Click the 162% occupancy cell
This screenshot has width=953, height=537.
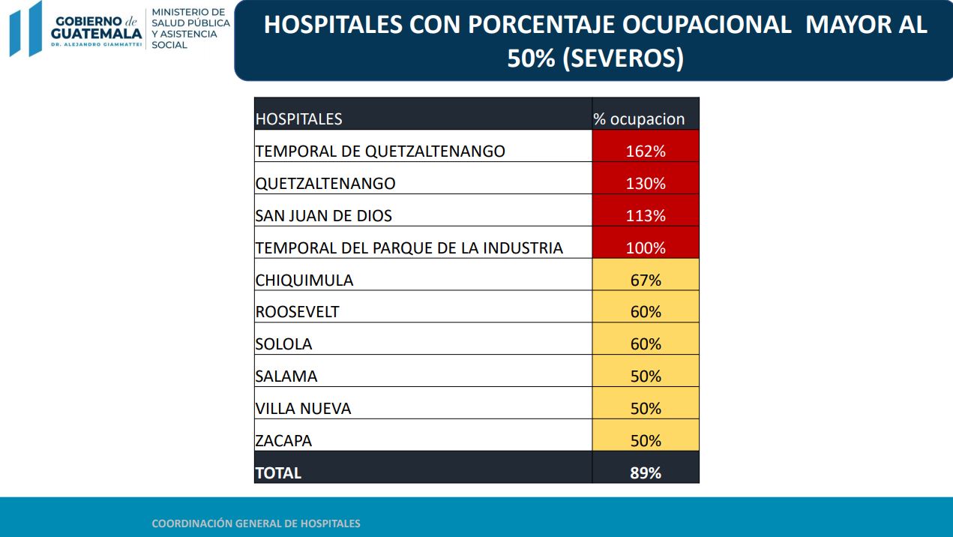pos(646,151)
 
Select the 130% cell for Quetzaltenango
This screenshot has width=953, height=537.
pos(646,183)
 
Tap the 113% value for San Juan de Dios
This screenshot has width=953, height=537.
pos(646,215)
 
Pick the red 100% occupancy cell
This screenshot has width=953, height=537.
pos(646,247)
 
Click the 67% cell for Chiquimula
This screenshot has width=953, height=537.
pos(646,280)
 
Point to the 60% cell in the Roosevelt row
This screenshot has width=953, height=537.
pos(646,311)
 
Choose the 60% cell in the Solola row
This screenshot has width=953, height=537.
pos(646,343)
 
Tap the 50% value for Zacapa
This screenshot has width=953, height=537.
pos(646,440)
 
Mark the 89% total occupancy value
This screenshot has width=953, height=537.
pos(646,472)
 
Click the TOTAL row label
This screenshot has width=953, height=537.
pos(278,473)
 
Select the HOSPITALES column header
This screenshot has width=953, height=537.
pos(298,119)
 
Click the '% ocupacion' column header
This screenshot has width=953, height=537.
pos(639,119)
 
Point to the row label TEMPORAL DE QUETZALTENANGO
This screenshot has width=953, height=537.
pos(380,151)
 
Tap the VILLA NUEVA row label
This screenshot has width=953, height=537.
pos(303,408)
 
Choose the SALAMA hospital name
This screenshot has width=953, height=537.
pos(286,376)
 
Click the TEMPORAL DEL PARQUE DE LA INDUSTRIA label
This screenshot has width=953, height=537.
pos(409,247)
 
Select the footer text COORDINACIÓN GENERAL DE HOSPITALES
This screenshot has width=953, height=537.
pos(256,523)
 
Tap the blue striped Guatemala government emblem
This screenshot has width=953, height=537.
pos(25,28)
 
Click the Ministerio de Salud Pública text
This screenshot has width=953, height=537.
pos(190,28)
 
